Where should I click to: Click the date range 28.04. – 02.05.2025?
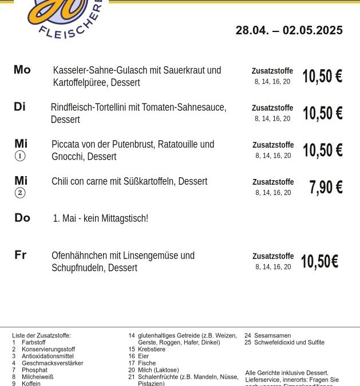(x=289, y=30)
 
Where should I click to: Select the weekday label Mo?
(x=22, y=70)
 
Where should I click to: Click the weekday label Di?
(x=20, y=107)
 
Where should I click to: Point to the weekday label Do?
(x=22, y=218)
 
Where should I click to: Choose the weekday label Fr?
(x=21, y=255)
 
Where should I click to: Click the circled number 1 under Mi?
(x=20, y=156)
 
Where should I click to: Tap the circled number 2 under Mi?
(x=20, y=193)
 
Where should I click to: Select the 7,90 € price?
(x=326, y=188)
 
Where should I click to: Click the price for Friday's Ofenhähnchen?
(x=319, y=262)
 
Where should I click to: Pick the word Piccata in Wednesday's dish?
(x=68, y=144)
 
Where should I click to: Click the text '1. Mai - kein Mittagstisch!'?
(x=100, y=218)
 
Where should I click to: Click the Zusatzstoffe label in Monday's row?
(x=272, y=71)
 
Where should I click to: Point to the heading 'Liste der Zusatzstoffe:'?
(x=41, y=336)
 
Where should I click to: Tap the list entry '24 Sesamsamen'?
(x=267, y=336)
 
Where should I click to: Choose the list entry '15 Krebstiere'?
(x=147, y=349)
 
